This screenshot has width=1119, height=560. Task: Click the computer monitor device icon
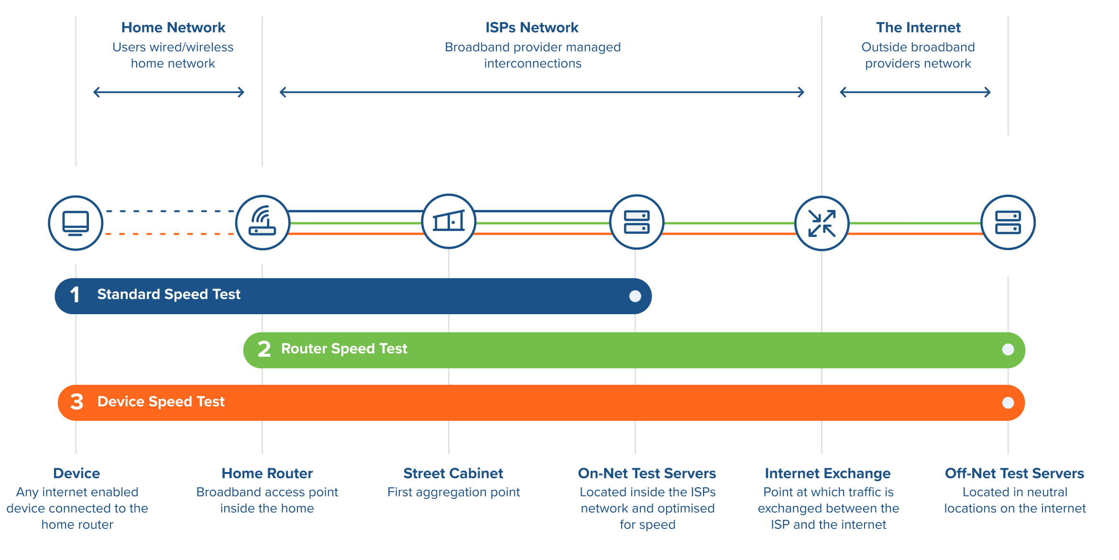pos(76,223)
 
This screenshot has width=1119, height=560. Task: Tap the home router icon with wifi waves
pos(263,222)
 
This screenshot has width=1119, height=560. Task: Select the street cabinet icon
pos(449,221)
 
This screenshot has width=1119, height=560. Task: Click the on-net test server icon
pos(636,222)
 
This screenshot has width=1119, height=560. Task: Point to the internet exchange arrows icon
pos(822,223)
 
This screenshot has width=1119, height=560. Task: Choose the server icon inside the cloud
pos(1008,222)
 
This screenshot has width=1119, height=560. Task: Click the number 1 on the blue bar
pos(75,295)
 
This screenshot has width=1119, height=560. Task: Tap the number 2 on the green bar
pos(264,349)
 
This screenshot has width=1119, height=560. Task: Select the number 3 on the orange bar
pos(77,402)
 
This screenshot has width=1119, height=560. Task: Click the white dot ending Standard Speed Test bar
pos(635,296)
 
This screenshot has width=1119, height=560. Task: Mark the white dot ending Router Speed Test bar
pos(1008,350)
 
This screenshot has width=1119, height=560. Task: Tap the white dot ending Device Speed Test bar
pos(1008,403)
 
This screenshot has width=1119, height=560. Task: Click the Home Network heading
pos(173,28)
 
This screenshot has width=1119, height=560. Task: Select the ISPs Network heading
pos(532,28)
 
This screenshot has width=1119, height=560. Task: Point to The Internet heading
pos(918,28)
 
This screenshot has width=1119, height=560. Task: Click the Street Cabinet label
pos(453,473)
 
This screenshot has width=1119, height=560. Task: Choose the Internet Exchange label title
pos(827,473)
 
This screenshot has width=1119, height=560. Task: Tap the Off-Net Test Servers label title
pos(1014,473)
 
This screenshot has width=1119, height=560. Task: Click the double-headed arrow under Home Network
pos(169,92)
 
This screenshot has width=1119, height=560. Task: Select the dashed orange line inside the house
pos(170,234)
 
